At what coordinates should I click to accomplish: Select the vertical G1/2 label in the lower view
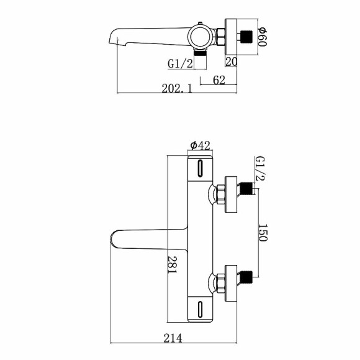[x=260, y=169]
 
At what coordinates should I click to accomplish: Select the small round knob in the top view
[x=200, y=27]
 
